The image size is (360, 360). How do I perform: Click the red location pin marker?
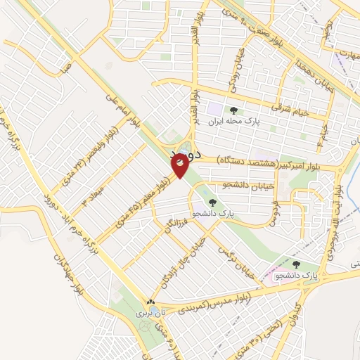click(x=180, y=165)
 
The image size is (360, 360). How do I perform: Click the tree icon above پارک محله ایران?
click(x=233, y=109)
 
